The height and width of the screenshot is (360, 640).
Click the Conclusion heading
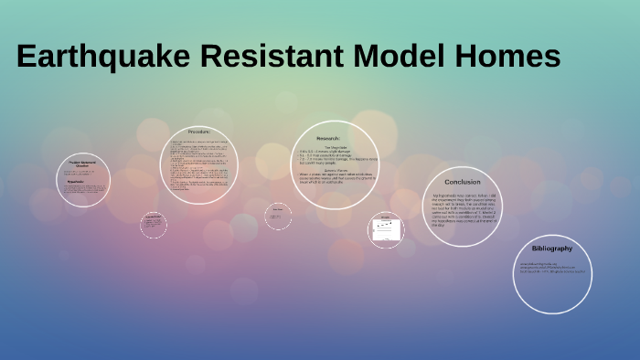point(463,182)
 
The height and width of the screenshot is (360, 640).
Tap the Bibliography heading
point(551,249)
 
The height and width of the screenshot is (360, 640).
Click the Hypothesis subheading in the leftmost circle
point(77,181)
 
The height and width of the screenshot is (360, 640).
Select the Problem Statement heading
point(83,164)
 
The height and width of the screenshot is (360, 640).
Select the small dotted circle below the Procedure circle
point(154,225)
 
